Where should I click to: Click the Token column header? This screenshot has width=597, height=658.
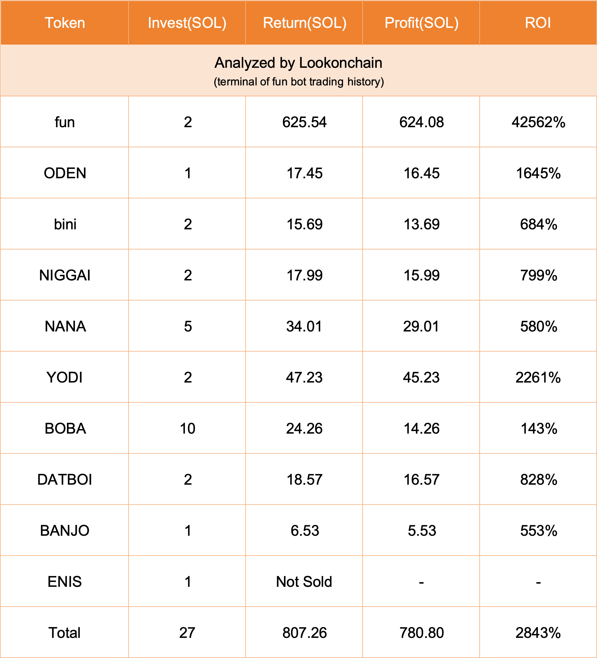(x=65, y=23)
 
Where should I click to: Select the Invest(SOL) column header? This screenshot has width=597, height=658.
(x=187, y=23)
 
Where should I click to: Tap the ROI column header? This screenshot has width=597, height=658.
(x=538, y=23)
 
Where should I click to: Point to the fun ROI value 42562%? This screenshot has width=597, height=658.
(x=538, y=122)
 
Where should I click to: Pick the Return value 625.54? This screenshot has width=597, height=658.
(x=304, y=122)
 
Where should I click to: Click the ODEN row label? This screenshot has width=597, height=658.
(x=65, y=173)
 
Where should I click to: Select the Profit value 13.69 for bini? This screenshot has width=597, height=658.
(x=422, y=224)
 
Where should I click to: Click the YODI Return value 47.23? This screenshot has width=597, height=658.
(x=304, y=377)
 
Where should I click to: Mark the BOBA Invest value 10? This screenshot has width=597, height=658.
(x=187, y=429)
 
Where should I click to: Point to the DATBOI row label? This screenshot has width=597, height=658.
(x=65, y=479)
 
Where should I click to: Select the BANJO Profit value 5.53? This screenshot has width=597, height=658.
(x=422, y=531)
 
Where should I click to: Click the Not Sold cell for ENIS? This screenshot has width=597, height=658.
(x=304, y=582)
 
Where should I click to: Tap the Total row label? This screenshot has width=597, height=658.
(x=64, y=633)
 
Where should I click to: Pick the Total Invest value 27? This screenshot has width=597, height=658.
(x=187, y=633)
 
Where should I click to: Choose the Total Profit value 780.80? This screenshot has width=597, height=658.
(x=422, y=633)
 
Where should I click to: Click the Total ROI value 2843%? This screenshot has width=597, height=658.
(x=538, y=633)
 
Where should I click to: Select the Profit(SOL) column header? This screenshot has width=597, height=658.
(x=422, y=23)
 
